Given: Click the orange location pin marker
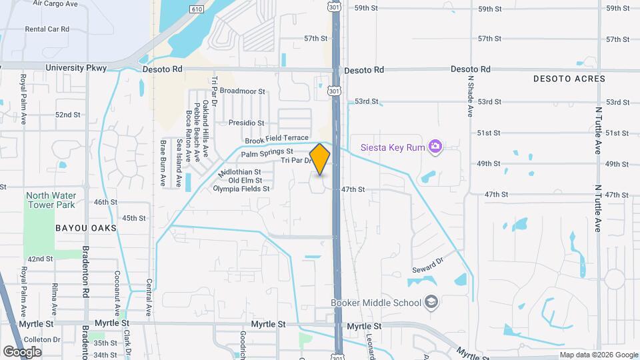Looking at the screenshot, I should (x=320, y=159).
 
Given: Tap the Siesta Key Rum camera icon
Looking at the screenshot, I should (x=435, y=146).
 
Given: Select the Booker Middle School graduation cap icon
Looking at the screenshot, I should (x=431, y=303).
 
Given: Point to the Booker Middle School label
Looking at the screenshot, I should (x=376, y=303).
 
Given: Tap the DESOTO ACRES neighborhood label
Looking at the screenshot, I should (x=569, y=79).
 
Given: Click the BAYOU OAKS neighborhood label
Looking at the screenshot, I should (x=86, y=228).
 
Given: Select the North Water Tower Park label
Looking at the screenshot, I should (x=51, y=200).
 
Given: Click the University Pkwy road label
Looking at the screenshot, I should (x=76, y=68).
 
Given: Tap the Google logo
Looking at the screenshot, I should (x=22, y=351).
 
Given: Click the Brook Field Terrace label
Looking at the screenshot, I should (x=277, y=139).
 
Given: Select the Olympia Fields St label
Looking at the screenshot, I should (x=241, y=189).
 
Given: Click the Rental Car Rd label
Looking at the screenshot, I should (x=47, y=29).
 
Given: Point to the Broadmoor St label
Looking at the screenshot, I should (x=242, y=91).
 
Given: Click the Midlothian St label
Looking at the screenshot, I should (x=239, y=172).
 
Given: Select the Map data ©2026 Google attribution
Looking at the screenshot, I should (x=598, y=355).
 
